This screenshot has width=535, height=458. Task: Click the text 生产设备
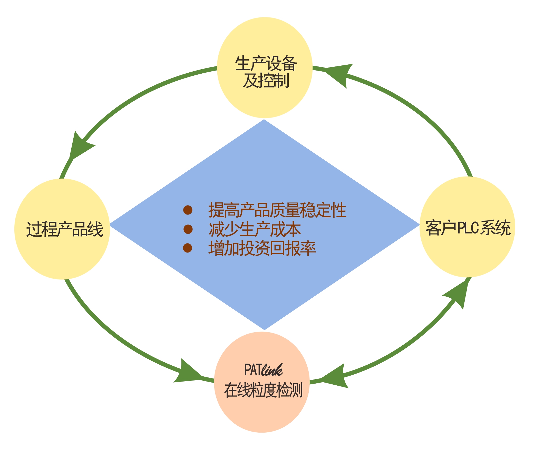(x=266, y=64)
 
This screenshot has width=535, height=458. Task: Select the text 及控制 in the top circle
(x=266, y=81)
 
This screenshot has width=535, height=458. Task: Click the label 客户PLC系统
(x=468, y=228)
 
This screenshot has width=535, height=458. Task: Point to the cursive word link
(x=272, y=370)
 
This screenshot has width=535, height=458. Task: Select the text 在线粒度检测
(x=263, y=390)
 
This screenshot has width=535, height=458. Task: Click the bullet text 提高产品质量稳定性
(x=277, y=210)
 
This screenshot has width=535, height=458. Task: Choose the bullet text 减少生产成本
(x=255, y=230)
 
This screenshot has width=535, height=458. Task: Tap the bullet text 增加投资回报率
(x=262, y=248)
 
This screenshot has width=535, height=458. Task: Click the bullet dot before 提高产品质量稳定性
(x=188, y=210)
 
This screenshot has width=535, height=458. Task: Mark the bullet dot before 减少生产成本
(x=188, y=229)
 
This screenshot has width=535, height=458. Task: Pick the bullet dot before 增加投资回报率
(x=188, y=248)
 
